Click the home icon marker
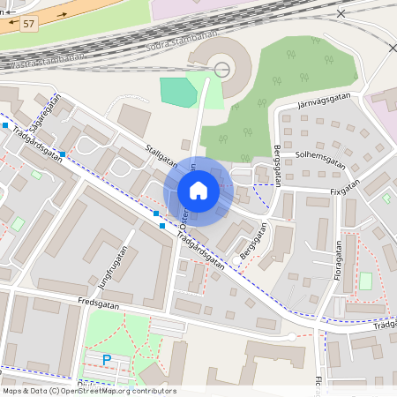[x=198, y=190]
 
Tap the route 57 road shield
[x=30, y=23]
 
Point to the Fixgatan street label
[x=345, y=188]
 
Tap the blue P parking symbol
[x=107, y=359]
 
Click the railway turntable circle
[x=222, y=69]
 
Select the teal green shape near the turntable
[x=178, y=92]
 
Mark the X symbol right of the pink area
[x=341, y=13]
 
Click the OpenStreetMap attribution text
[x=88, y=391]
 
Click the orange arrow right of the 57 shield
[x=62, y=15]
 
